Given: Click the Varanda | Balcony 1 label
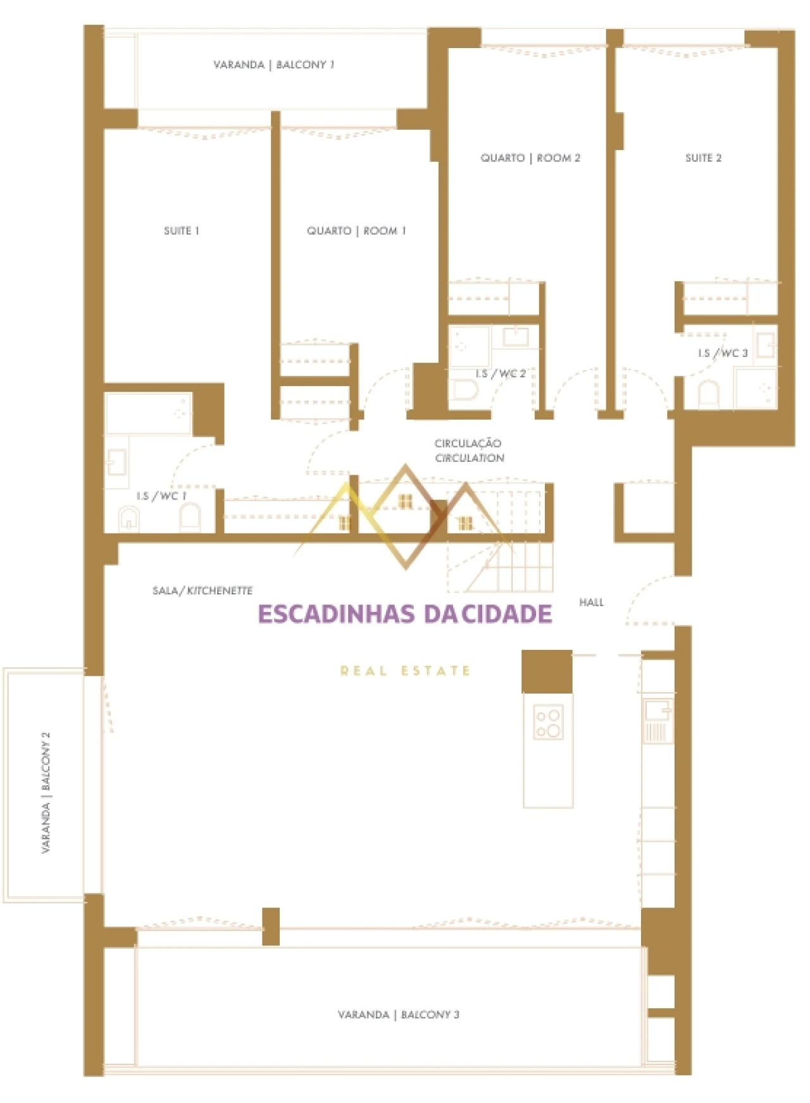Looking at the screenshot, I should tap(273, 65).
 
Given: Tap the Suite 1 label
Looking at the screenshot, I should tap(182, 231).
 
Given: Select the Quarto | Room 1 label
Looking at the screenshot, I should tap(356, 231).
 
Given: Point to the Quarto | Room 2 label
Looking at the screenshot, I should tap(530, 158).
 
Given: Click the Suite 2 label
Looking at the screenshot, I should tap(703, 158).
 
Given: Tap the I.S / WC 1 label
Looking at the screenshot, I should tap(161, 495).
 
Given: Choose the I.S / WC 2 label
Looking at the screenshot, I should tap(501, 373).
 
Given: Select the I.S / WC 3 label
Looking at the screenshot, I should tap(723, 352).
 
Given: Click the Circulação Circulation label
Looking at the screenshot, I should tap(469, 451).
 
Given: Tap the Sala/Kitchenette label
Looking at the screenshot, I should tap(202, 590).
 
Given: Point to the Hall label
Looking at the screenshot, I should tap(591, 602).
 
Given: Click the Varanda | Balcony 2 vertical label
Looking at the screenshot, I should tap(45, 792).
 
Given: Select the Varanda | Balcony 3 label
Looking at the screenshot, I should tap(398, 1014).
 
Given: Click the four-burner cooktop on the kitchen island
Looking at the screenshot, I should tap(548, 723).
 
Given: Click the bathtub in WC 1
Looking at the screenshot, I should tap(148, 413).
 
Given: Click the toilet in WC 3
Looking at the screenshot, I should tap(708, 394).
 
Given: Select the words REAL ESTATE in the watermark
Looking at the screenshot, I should tap(405, 670).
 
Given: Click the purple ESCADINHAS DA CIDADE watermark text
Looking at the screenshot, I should tap(405, 614).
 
